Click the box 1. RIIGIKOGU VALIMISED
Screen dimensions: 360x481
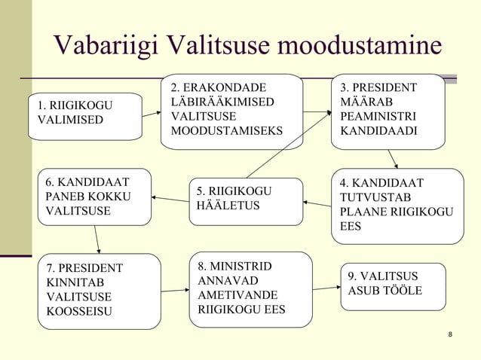coord(85,117)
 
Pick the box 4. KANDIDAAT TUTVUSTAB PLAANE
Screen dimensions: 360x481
coord(397,206)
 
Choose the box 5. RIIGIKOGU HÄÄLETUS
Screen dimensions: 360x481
coord(245,201)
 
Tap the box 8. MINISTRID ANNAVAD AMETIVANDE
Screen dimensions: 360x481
coord(250,289)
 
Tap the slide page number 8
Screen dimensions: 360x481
coord(450,334)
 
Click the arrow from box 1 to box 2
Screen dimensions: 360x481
coord(152,114)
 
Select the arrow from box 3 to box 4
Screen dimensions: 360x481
coord(393,159)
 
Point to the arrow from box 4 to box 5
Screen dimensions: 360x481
coord(317,203)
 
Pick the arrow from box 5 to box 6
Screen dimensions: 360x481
coord(170,199)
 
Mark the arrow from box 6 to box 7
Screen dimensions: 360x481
coord(97,239)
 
